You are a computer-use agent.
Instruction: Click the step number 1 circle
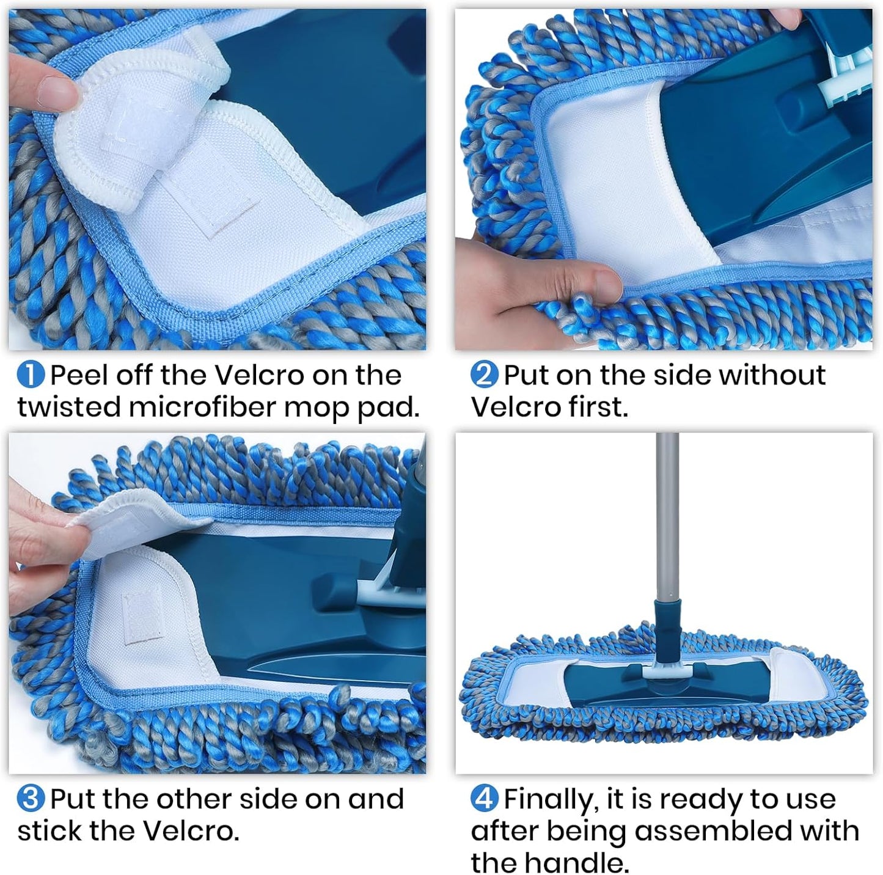[31, 375]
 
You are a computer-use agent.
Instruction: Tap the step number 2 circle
[484, 375]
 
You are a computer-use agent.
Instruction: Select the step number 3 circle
[31, 799]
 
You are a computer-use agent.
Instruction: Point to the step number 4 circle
[484, 799]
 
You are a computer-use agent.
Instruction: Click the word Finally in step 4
[548, 799]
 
